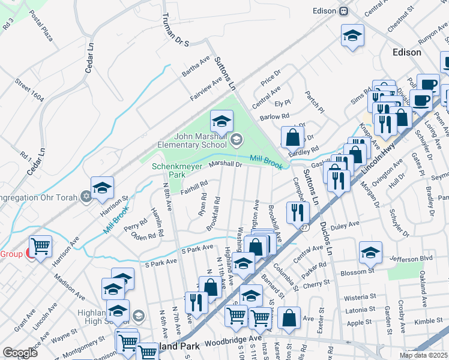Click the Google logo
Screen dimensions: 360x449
tap(20, 353)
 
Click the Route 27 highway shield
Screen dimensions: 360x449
tap(305, 227)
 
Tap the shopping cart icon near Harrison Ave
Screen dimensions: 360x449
tap(40, 246)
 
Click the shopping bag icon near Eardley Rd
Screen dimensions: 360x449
tap(292, 137)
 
